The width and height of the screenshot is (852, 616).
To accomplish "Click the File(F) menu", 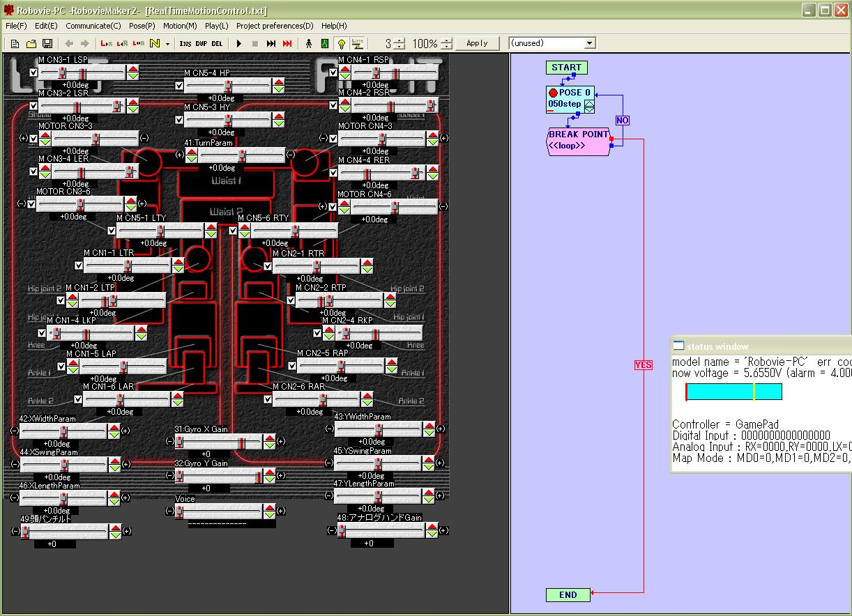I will click(15, 26).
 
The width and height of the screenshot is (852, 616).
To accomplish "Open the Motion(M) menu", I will click(179, 26).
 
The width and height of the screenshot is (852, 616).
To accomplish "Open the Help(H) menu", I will click(333, 26).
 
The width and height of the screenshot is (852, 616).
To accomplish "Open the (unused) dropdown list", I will click(589, 43).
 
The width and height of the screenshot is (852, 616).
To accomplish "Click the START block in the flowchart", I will click(566, 68).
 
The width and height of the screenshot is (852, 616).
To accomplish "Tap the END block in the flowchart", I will click(568, 594).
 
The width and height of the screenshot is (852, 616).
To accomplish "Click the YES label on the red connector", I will click(643, 365).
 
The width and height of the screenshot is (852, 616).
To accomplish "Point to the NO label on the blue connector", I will click(622, 121).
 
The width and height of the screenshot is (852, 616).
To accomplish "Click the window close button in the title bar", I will click(842, 10).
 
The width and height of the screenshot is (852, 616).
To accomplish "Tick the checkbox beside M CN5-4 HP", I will click(179, 86).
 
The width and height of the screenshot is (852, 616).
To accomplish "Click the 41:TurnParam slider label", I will click(208, 143).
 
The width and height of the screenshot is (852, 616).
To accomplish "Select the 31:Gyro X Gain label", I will click(201, 429).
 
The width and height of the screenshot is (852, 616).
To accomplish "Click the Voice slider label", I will click(185, 499).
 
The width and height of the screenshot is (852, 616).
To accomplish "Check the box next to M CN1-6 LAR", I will click(78, 400).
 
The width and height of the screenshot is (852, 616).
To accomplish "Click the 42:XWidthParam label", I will click(47, 419).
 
